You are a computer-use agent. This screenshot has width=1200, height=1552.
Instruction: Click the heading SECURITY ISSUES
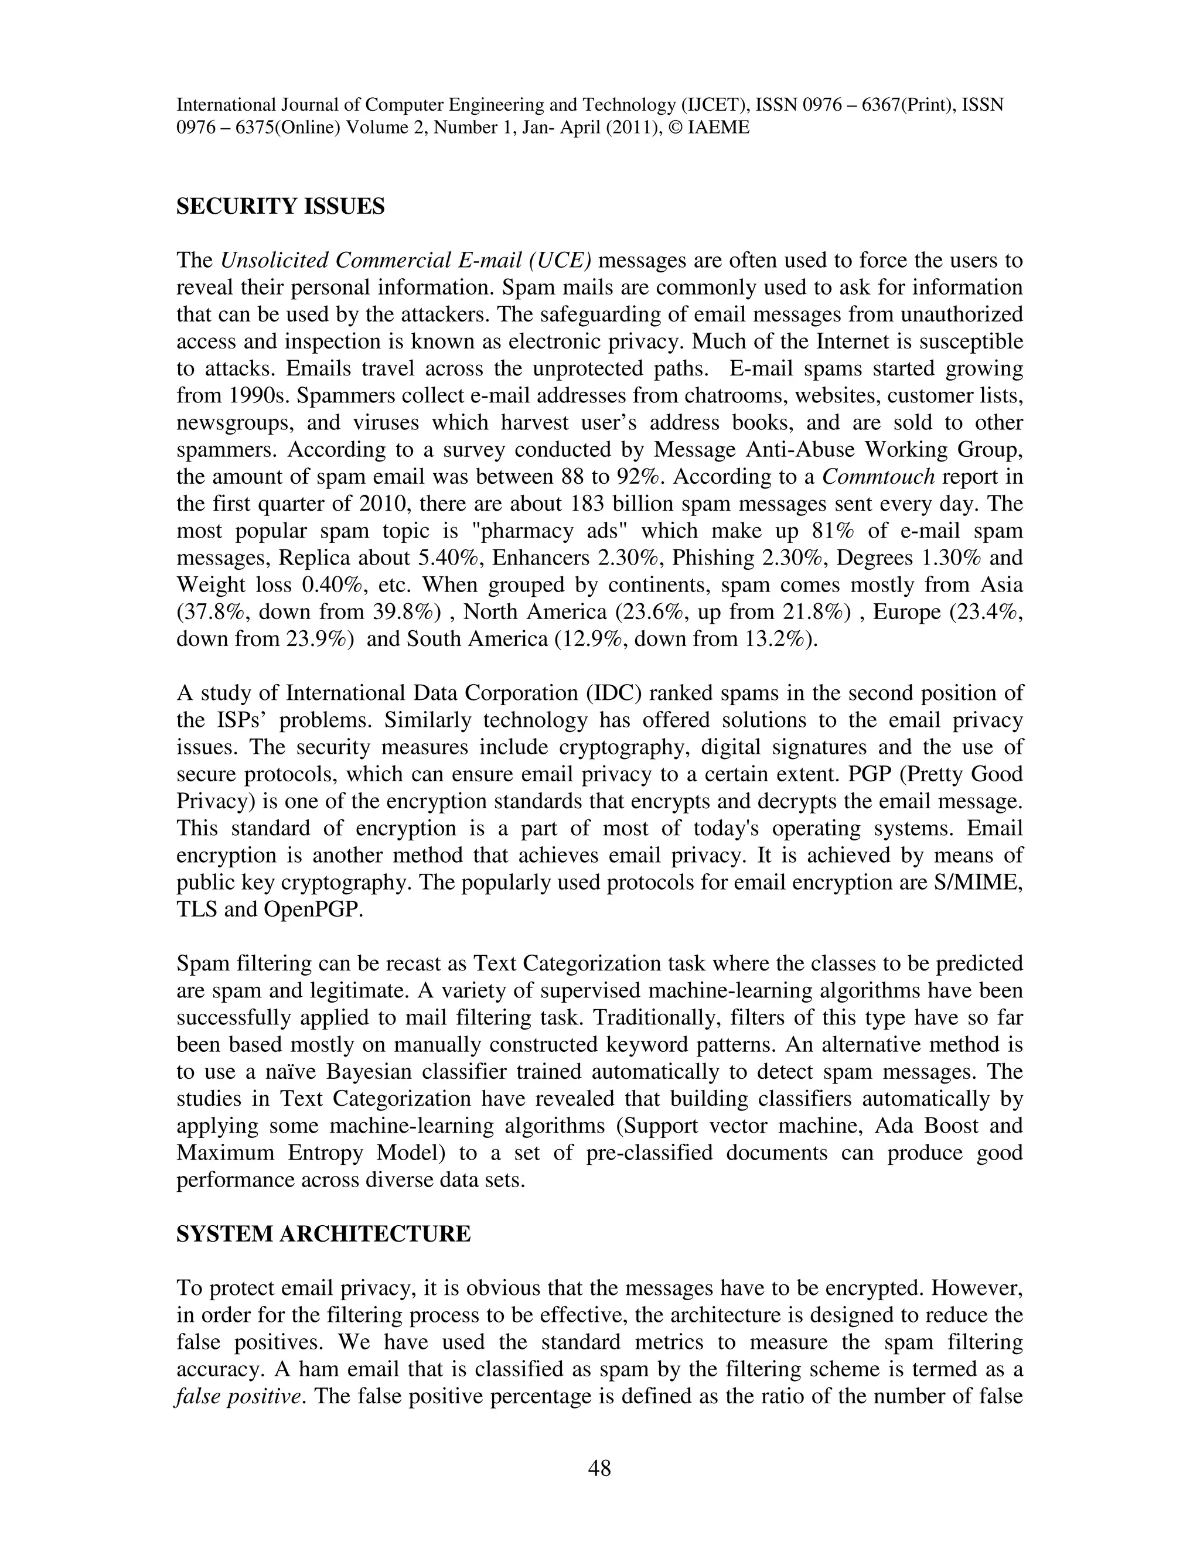[x=280, y=207]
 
